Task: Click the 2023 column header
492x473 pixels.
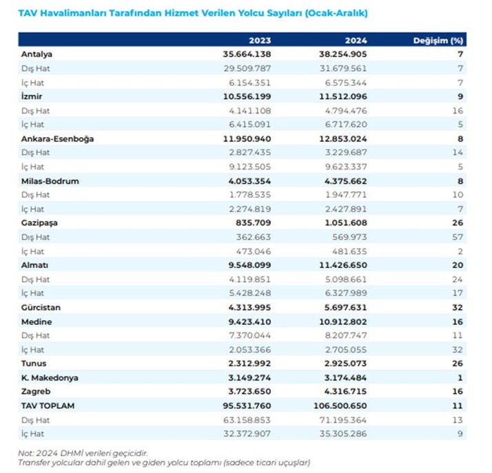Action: pyautogui.click(x=260, y=41)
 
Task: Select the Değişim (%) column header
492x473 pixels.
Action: pyautogui.click(x=438, y=41)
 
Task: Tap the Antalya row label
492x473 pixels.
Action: pyautogui.click(x=37, y=54)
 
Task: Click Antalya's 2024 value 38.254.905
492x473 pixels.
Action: pyautogui.click(x=342, y=54)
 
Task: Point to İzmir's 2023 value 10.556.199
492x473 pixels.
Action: pyautogui.click(x=247, y=96)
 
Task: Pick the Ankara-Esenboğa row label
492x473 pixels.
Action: pyautogui.click(x=57, y=139)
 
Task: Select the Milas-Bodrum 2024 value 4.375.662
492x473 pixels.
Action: pyautogui.click(x=345, y=181)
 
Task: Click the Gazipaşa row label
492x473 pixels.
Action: pyautogui.click(x=39, y=223)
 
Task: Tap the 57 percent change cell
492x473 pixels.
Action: pyautogui.click(x=457, y=237)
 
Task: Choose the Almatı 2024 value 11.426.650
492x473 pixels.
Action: pyautogui.click(x=342, y=265)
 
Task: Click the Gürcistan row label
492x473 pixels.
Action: pyautogui.click(x=41, y=308)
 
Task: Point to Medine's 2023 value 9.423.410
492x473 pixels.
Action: pyautogui.click(x=249, y=322)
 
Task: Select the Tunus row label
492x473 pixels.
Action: pyautogui.click(x=34, y=364)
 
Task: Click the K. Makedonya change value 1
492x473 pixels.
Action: pyautogui.click(x=460, y=378)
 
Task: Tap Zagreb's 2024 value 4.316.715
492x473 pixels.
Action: pyautogui.click(x=345, y=392)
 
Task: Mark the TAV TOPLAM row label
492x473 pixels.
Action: pyautogui.click(x=48, y=406)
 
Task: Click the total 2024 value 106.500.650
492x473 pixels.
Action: pyautogui.click(x=340, y=406)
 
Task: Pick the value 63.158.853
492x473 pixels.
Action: pyautogui.click(x=247, y=420)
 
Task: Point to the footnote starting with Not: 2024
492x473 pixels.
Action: pyautogui.click(x=83, y=453)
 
